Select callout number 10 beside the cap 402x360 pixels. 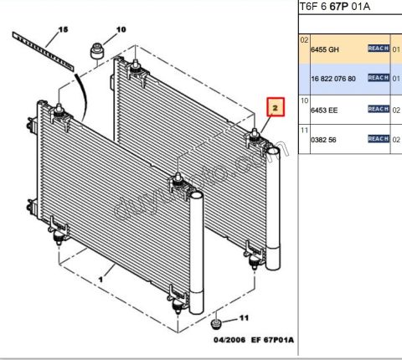121,29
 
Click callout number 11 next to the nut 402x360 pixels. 245,318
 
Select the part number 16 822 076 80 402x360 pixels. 333,78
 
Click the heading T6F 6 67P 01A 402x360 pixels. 335,8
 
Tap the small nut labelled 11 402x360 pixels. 217,324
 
